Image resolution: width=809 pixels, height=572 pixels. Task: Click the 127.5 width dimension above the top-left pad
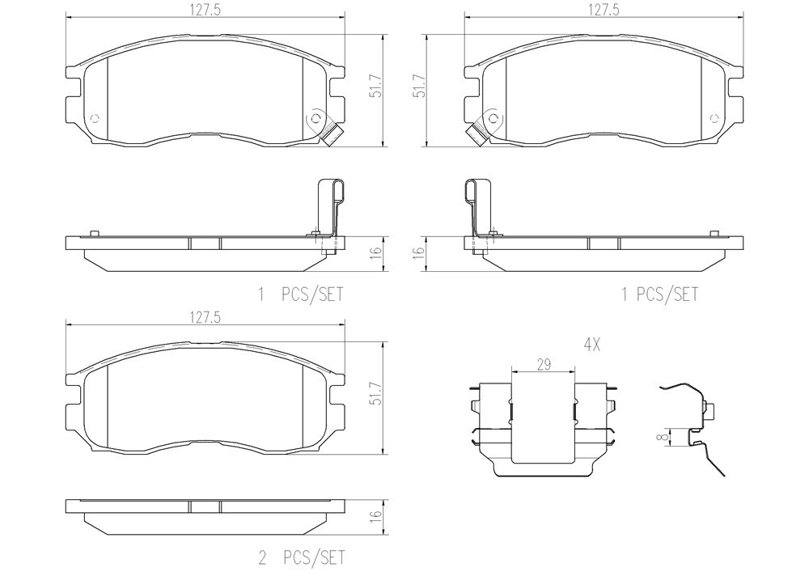(205, 11)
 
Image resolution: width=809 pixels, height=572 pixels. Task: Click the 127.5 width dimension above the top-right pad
(604, 11)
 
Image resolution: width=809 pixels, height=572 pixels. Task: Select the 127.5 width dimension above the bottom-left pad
(205, 318)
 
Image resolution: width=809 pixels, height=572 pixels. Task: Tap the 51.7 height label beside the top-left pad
(376, 86)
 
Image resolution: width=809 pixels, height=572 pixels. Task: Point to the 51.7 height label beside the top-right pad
(421, 86)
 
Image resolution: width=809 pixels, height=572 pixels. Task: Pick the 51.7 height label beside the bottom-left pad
(376, 393)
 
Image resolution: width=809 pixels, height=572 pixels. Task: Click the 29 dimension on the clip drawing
(544, 365)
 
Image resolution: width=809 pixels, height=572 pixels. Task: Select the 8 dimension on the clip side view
(665, 436)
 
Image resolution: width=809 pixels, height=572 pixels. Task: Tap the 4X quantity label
(592, 344)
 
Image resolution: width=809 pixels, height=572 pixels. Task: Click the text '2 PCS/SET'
(301, 557)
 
